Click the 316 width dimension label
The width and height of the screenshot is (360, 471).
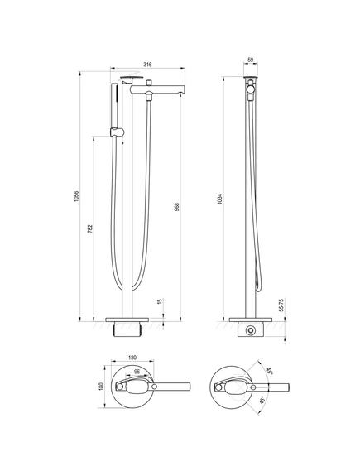pos(147,65)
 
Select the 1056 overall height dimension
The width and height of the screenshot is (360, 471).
pos(76,196)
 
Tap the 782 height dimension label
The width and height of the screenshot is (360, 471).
pos(91,228)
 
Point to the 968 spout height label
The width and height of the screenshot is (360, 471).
pos(177,207)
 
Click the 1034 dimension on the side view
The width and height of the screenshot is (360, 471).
pos(220,199)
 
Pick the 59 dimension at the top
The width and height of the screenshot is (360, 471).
pos(251,60)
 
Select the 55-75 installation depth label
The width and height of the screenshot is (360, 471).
pos(281,305)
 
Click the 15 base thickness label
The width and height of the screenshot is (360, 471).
pos(160,301)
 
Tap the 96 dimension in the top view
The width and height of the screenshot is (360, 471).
pos(137,372)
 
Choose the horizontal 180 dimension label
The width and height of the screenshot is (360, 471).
pos(132,358)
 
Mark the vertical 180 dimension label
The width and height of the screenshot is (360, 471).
pos(101,387)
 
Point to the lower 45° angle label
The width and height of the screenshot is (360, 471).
pos(262,400)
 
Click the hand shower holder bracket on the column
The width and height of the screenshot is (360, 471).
pos(117,132)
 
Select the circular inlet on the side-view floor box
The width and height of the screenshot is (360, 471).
pos(251,330)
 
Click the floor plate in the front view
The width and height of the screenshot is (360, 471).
pos(127,320)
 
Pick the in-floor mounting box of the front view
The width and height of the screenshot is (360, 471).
pos(127,329)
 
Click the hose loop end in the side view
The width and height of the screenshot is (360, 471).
pos(258,288)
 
